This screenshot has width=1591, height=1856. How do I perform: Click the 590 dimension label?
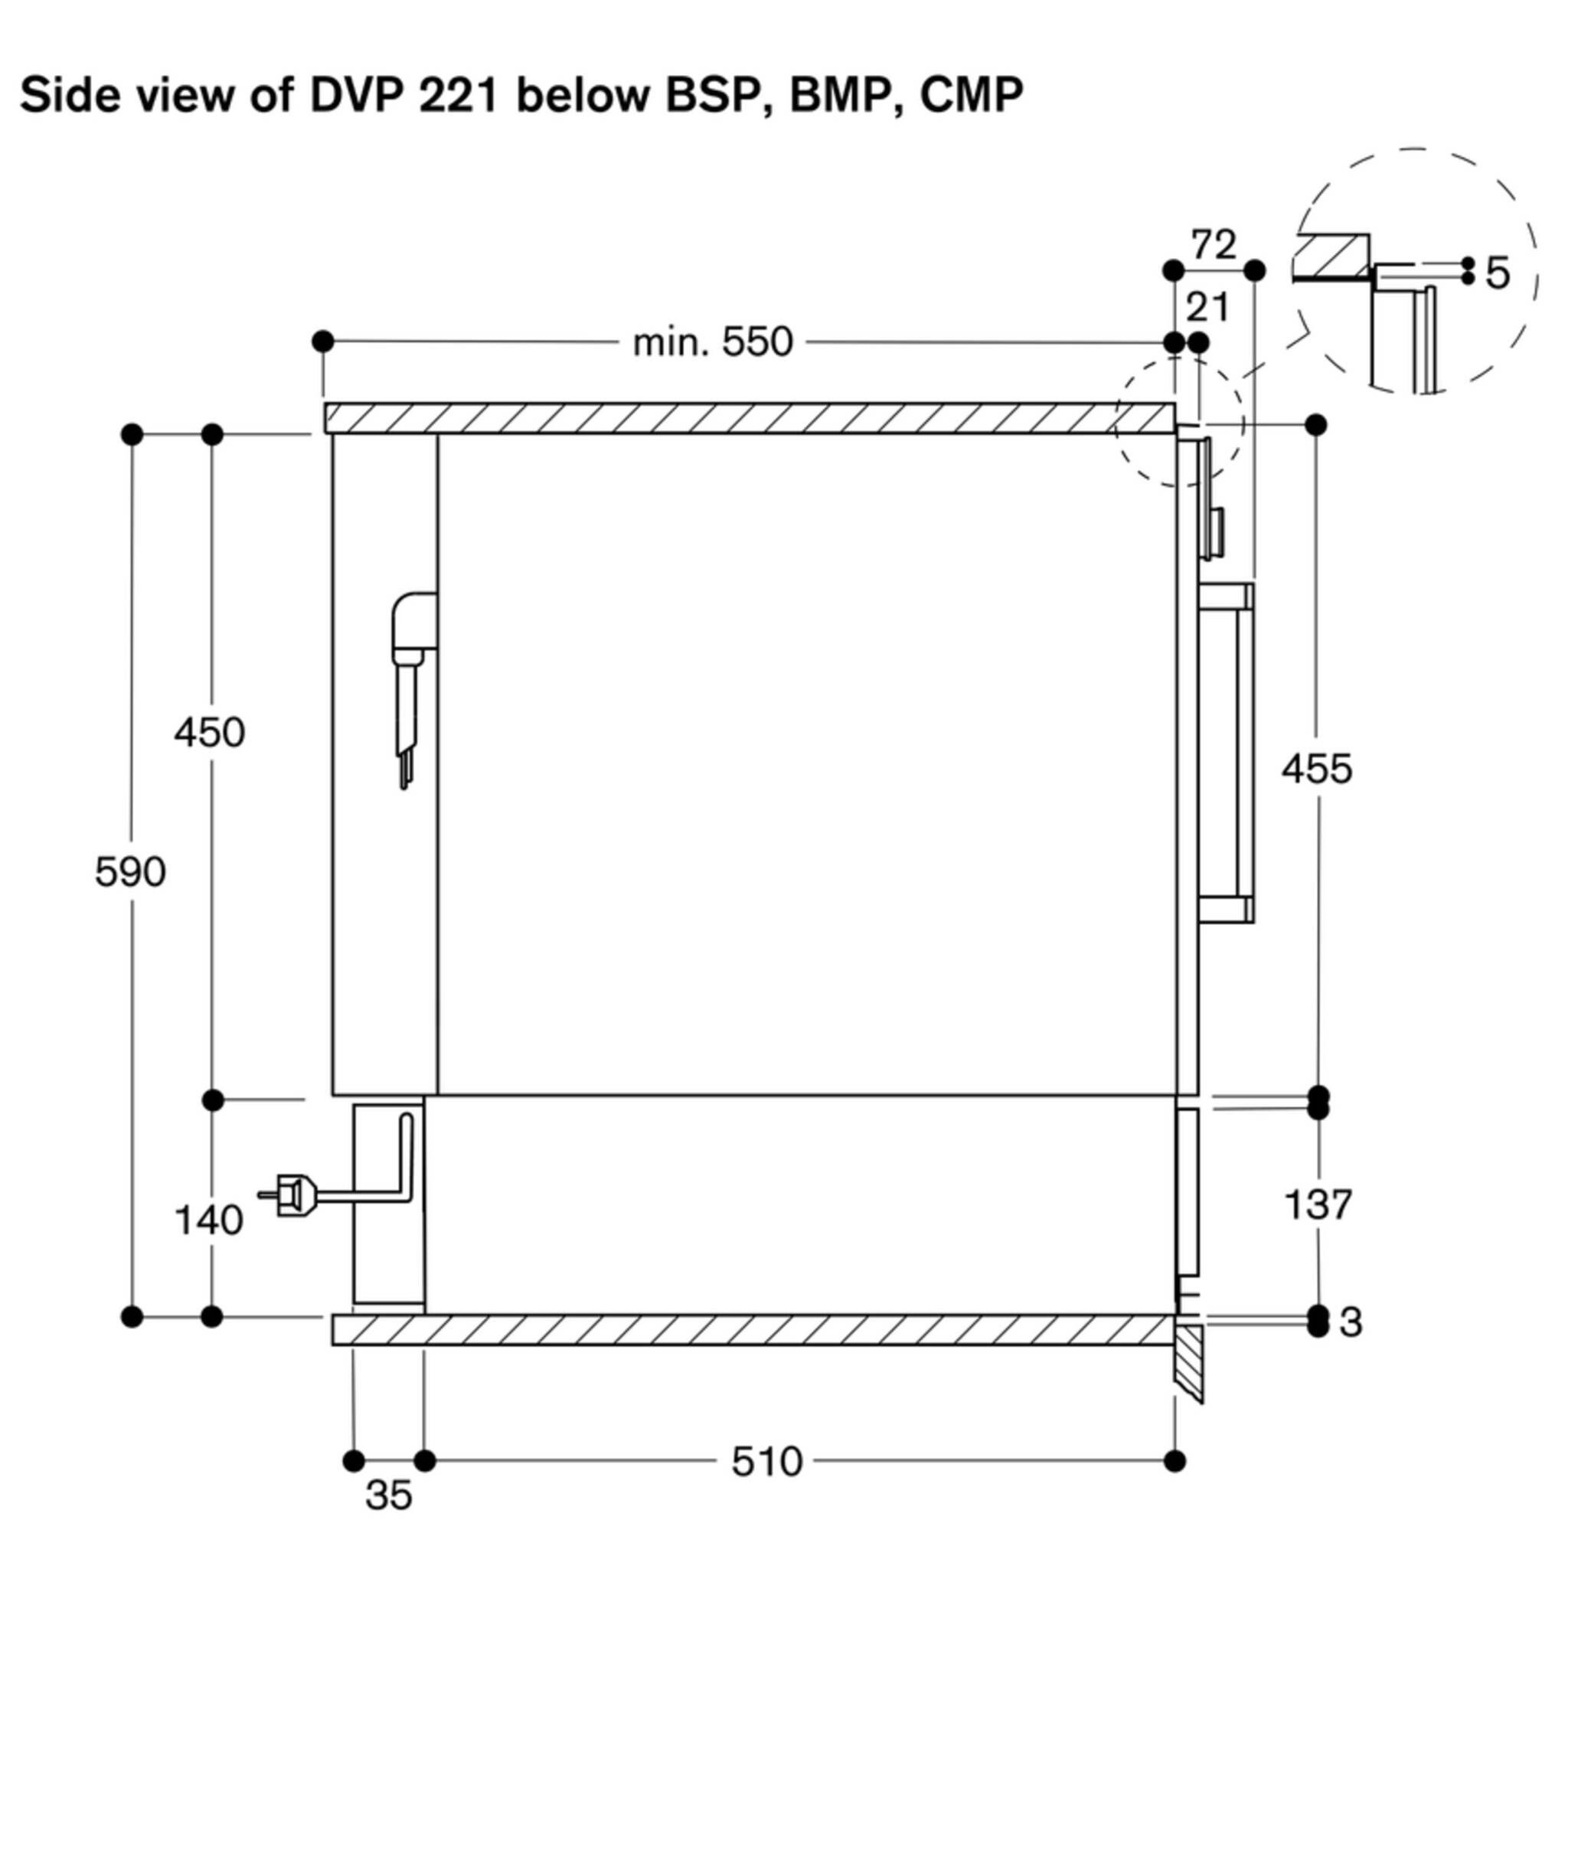[x=130, y=871]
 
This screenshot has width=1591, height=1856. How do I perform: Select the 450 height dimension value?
[x=209, y=733]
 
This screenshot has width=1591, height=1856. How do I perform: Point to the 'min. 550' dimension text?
[x=712, y=342]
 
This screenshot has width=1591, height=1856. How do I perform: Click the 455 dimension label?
[x=1315, y=769]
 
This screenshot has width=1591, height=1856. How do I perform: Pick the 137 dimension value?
[x=1316, y=1204]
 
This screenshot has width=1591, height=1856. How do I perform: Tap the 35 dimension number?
[x=388, y=1495]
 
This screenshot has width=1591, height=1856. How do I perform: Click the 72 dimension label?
[x=1213, y=244]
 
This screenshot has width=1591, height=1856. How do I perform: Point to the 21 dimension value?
[x=1207, y=308]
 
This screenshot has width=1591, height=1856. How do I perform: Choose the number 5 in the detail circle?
[x=1497, y=273]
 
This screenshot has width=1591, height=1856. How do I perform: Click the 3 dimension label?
[x=1350, y=1322]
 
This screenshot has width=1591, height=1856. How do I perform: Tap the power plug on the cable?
[x=292, y=1195]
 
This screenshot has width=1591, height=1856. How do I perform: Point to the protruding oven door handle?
[x=1245, y=753]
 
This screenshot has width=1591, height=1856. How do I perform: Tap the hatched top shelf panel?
[x=749, y=418]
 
